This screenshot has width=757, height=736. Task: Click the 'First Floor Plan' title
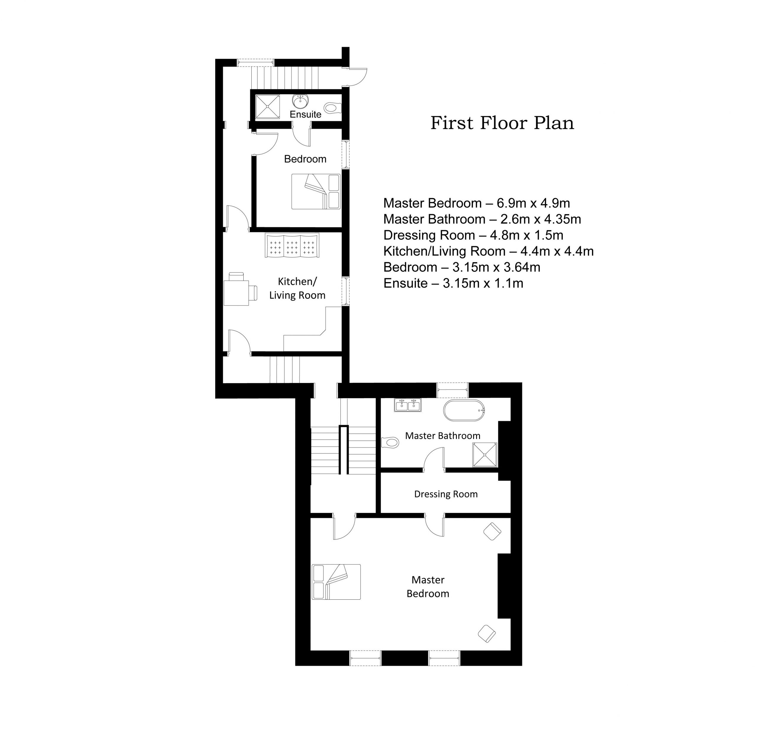[502, 123]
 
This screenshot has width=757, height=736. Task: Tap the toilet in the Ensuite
[332, 107]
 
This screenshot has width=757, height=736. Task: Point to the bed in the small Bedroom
[316, 192]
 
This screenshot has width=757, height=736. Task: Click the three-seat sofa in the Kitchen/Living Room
[292, 245]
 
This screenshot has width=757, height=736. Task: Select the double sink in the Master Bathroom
[407, 405]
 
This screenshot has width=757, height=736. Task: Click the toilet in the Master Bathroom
[390, 441]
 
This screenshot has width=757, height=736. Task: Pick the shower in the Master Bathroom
[484, 454]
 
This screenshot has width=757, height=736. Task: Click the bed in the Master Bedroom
[336, 582]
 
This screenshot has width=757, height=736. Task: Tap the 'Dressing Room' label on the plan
[446, 494]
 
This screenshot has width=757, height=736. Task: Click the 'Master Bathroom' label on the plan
[442, 436]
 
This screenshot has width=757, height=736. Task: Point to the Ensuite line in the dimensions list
[453, 283]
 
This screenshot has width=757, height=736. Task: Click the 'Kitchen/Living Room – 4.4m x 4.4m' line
[488, 251]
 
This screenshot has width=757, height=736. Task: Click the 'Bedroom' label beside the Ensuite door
[305, 159]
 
